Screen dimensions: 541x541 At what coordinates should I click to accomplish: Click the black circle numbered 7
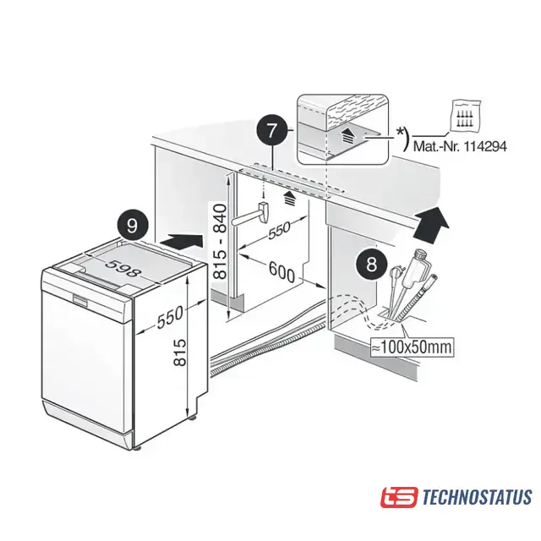272,131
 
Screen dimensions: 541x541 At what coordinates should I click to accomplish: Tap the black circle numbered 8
372,265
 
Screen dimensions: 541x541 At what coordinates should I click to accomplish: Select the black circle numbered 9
133,227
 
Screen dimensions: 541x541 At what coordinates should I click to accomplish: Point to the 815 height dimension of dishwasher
180,352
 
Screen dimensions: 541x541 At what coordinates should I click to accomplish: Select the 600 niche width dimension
281,271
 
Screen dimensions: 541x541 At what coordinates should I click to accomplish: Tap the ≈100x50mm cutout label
412,347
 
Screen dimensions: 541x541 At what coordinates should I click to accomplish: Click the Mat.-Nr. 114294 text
460,146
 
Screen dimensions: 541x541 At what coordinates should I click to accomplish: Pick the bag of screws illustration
466,115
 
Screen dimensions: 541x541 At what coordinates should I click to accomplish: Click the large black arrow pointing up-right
432,223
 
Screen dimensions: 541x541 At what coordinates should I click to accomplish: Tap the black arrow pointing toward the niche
182,240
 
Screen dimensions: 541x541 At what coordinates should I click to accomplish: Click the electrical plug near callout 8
394,279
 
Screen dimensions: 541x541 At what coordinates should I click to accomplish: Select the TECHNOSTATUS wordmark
477,497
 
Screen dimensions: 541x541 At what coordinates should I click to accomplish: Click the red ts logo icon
399,497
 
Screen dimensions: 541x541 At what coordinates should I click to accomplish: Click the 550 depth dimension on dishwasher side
170,317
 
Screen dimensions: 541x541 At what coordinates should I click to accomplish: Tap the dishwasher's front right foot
139,449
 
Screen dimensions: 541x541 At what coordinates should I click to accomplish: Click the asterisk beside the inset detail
400,131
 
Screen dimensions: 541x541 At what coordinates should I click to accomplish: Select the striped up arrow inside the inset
347,137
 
